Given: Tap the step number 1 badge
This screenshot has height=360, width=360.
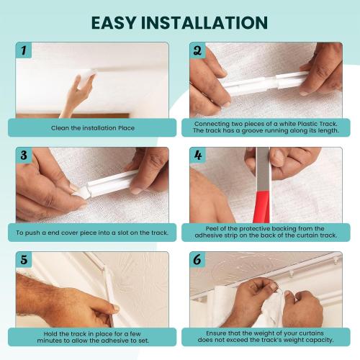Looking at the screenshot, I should click(24, 51).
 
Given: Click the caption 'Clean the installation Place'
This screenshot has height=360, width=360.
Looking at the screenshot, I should click(93, 128).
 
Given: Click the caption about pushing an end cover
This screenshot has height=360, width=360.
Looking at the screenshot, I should click(93, 233).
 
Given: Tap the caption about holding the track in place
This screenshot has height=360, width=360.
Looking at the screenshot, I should click(93, 336).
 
